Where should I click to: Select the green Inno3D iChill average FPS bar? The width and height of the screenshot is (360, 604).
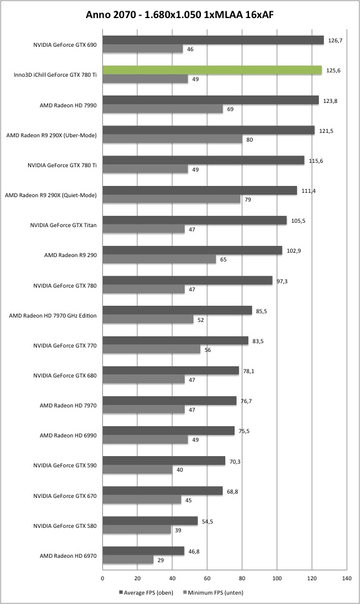[x=212, y=70]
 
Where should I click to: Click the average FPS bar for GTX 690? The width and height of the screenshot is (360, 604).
[x=213, y=40]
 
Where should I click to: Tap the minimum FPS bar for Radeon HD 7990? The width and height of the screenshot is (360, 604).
[x=163, y=109]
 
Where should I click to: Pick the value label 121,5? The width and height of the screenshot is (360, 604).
[x=326, y=131]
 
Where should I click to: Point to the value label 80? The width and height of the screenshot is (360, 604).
[x=250, y=139]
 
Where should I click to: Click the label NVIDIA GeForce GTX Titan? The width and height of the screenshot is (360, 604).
[x=63, y=225]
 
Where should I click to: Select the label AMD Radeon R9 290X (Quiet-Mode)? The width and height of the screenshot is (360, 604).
[x=51, y=195]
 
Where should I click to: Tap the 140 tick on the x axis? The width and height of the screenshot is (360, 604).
[x=346, y=578]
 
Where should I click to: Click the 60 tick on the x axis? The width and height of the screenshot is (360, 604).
[x=207, y=578]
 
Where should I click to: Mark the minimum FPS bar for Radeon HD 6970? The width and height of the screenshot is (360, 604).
[x=128, y=560]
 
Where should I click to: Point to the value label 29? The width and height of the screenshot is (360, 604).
[x=160, y=560]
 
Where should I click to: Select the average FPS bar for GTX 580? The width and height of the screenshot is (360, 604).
[x=150, y=521]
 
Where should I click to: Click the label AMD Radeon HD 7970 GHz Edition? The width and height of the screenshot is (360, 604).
[x=53, y=316]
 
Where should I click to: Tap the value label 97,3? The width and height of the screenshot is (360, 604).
[x=282, y=281]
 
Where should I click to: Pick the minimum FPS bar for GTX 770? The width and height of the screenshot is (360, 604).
[x=152, y=349]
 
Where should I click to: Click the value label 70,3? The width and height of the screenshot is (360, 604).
[x=235, y=462]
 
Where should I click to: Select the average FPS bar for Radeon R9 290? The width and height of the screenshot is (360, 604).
[x=193, y=250]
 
